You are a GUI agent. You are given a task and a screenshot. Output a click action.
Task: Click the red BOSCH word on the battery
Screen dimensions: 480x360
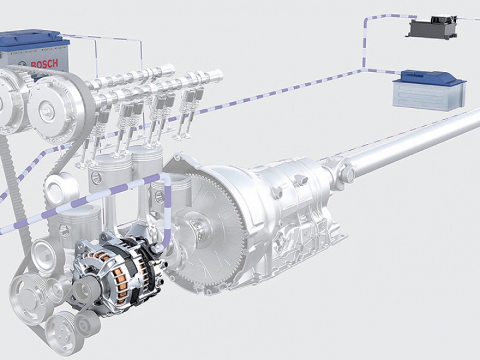coord(44,64)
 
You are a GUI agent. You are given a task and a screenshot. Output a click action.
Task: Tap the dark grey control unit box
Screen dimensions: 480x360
coord(431,28)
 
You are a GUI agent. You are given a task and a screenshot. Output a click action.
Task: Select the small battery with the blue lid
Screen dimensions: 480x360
coord(430,89)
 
